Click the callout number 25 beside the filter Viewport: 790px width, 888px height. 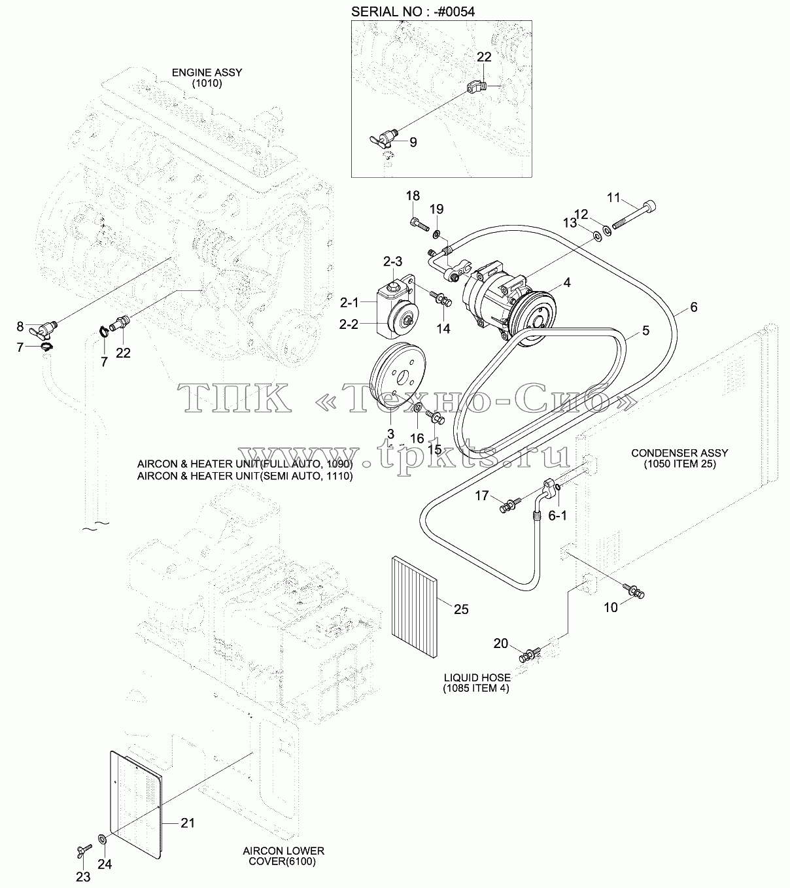(461, 609)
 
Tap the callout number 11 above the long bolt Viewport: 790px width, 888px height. (613, 197)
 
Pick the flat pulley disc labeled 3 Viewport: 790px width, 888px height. (398, 377)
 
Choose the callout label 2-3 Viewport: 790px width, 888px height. (392, 262)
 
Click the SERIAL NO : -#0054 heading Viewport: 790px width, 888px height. (413, 12)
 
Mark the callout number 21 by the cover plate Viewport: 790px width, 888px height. (188, 823)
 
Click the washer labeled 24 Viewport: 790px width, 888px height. (103, 839)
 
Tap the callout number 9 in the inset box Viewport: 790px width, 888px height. (413, 142)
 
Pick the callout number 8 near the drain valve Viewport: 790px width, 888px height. (20, 326)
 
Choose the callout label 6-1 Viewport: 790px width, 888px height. (558, 516)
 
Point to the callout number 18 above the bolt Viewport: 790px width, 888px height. (413, 196)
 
